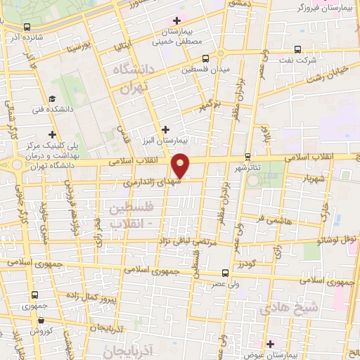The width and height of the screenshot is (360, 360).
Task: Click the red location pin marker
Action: click(x=181, y=165)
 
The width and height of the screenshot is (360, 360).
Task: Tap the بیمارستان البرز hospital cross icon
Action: click(x=165, y=129)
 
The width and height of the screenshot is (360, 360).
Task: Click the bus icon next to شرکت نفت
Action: click(x=298, y=49)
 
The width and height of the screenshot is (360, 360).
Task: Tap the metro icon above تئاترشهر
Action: click(x=247, y=157)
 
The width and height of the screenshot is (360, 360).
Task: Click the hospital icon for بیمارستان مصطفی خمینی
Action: click(x=176, y=20)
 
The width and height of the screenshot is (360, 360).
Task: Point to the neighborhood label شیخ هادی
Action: click(x=289, y=308)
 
